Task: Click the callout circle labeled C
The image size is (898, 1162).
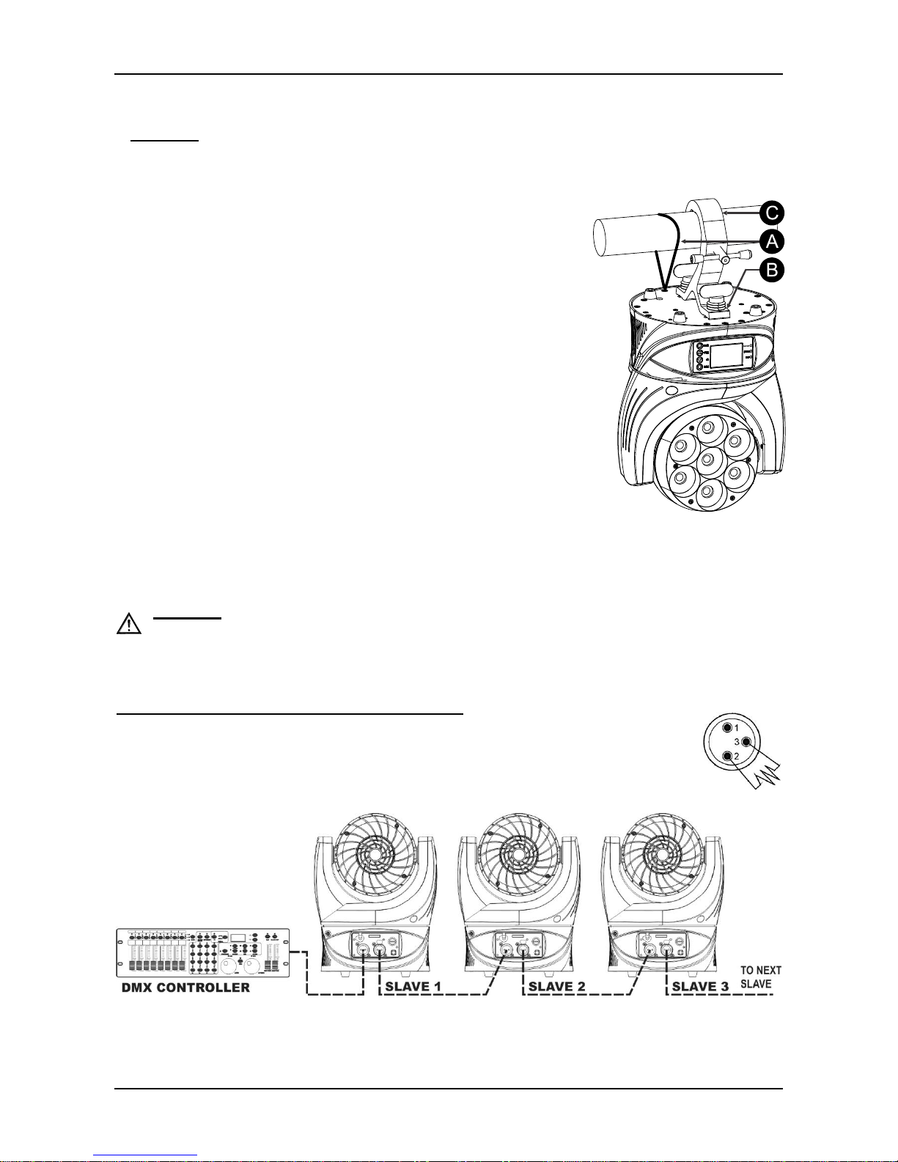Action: coord(772,213)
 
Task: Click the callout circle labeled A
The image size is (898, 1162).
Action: coord(772,242)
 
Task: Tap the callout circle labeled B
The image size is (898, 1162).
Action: coord(772,270)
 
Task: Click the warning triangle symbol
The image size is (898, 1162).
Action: coord(129,625)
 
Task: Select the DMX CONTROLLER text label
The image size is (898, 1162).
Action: coord(185,988)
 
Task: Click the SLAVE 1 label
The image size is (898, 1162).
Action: coord(413,987)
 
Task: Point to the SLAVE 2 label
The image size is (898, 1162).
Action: coord(557,987)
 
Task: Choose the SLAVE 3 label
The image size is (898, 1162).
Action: coord(700,987)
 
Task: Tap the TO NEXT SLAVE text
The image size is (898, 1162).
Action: coord(761,977)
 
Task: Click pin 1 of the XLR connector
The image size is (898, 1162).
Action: coord(727,728)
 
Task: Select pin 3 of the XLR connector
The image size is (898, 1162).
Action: coord(746,742)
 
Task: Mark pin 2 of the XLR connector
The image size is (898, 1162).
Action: coord(727,756)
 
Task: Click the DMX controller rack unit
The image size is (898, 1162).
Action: coord(203,952)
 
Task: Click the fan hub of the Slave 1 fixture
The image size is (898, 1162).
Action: coord(375,855)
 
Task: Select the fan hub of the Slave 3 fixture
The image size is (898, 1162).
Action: coord(662,855)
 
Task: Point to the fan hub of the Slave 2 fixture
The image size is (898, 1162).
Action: coord(518,855)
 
